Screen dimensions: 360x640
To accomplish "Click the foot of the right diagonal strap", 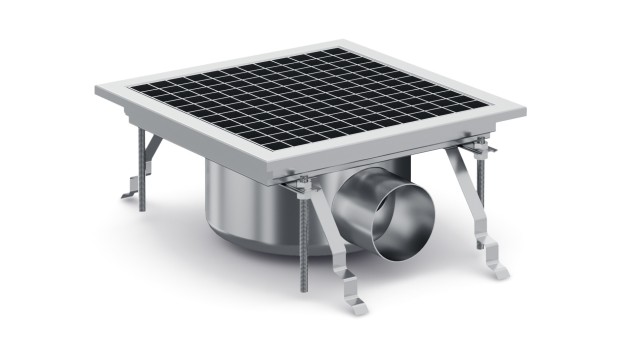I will [x=495, y=270].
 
